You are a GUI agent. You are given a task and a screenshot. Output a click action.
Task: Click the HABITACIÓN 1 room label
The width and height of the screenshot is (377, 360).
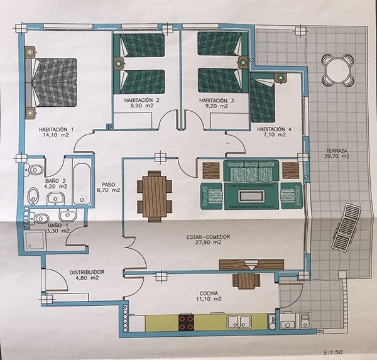57,129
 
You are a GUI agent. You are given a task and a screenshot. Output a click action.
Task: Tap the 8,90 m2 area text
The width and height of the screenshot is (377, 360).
141,106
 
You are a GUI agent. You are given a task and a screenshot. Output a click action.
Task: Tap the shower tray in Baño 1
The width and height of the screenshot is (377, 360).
35,241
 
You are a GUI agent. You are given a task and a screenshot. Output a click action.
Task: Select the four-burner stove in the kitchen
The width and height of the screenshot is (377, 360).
186,322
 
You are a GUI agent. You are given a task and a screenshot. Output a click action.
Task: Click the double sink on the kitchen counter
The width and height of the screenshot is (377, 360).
239,322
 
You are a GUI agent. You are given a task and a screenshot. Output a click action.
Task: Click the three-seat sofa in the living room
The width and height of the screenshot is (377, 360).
251,171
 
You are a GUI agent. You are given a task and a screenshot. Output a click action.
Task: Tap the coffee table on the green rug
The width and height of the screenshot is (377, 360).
251,196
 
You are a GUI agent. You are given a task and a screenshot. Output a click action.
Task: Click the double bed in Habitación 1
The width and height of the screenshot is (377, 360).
52,82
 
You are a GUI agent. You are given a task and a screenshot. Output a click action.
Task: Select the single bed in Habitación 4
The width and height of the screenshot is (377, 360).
263,100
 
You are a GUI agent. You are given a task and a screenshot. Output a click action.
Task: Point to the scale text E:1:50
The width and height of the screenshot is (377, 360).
333,352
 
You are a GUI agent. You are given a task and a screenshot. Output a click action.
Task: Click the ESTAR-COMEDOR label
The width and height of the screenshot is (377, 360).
208,237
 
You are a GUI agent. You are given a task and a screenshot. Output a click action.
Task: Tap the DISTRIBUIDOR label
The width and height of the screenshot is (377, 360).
87,272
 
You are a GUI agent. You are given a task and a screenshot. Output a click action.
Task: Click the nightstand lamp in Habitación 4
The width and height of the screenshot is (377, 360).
280,78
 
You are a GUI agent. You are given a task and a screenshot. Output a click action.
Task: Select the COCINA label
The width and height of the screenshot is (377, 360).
209,293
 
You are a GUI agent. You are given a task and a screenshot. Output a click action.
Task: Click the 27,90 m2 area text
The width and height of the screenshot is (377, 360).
209,243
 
